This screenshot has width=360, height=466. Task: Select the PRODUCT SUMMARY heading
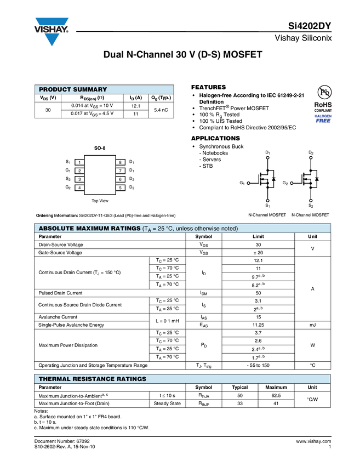click(x=73, y=90)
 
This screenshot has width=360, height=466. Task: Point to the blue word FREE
click(x=323, y=121)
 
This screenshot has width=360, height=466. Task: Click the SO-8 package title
click(x=100, y=149)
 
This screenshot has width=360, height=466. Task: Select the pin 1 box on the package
click(x=79, y=162)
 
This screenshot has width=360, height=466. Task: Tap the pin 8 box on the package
click(x=119, y=162)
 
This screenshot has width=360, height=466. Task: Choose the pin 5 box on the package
click(x=119, y=188)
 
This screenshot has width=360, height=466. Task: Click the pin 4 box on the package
click(x=79, y=188)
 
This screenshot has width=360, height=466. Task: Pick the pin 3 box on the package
click(x=79, y=179)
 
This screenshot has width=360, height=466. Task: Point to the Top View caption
click(x=100, y=201)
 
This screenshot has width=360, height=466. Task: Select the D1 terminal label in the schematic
click(x=267, y=152)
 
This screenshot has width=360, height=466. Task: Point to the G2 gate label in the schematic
click(x=285, y=183)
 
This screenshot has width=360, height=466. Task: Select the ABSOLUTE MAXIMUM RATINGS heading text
click(x=89, y=228)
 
